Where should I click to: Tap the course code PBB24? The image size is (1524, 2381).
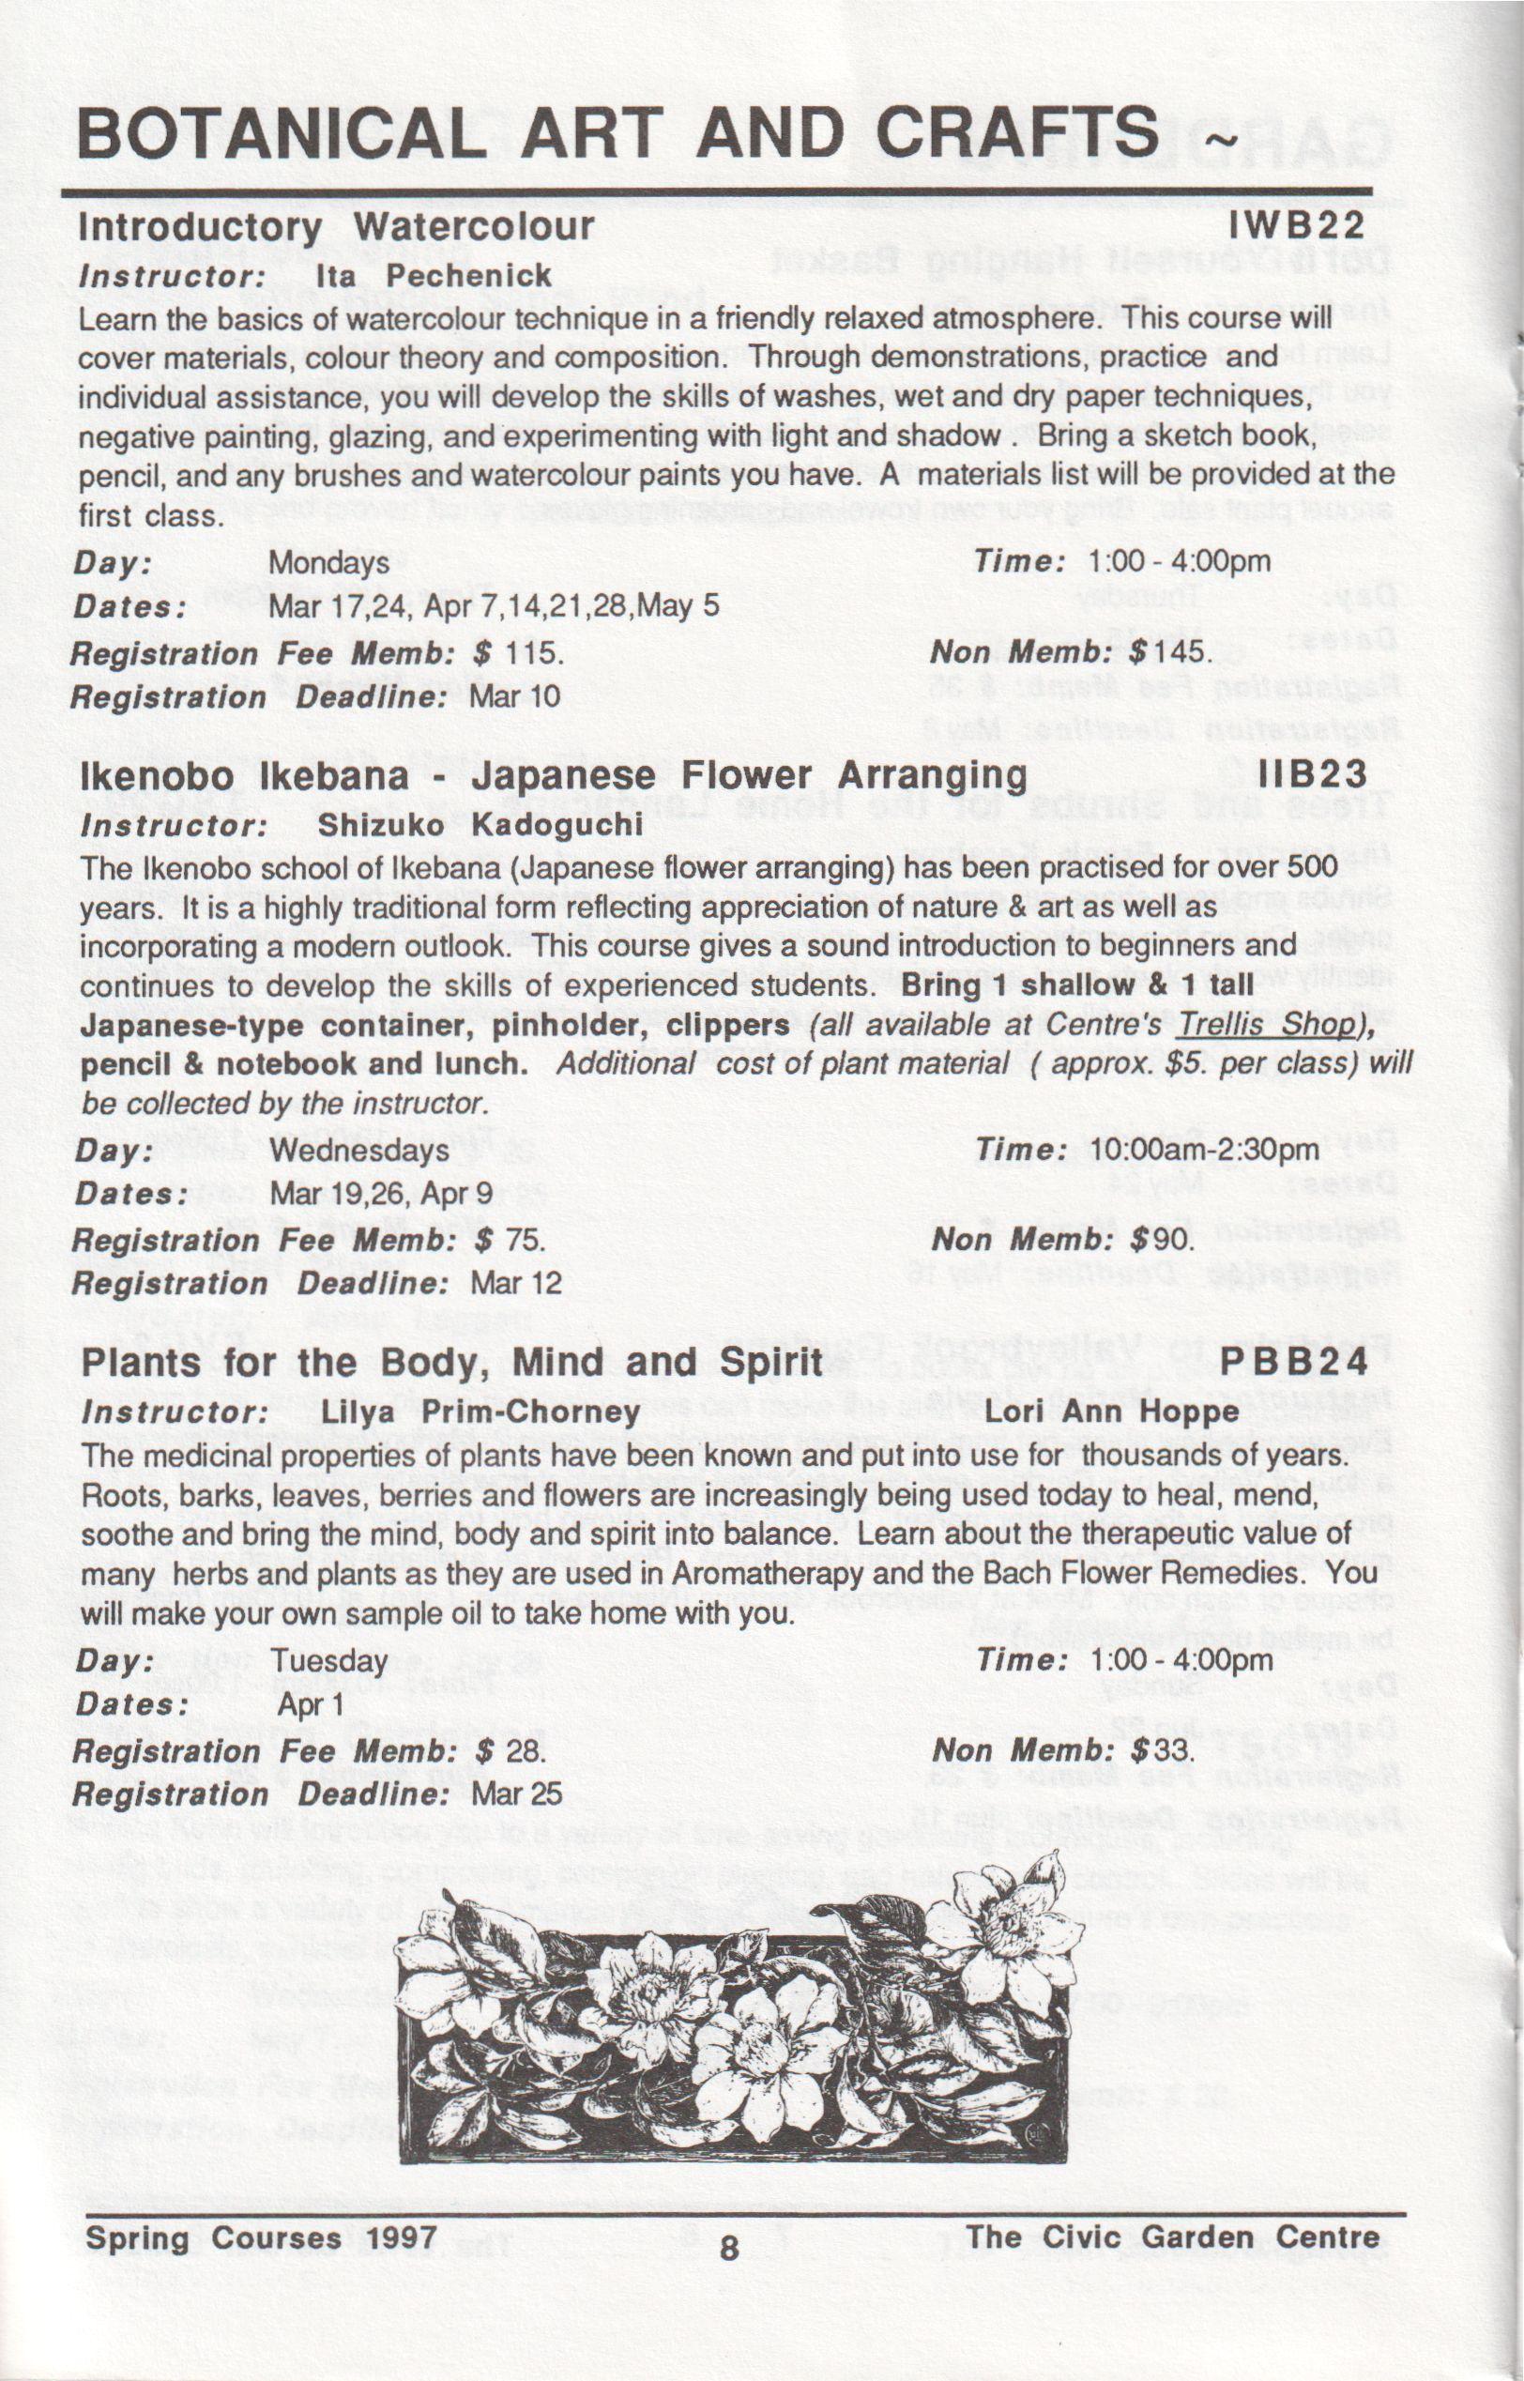(1294, 1362)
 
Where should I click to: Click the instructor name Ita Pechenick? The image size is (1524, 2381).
(433, 275)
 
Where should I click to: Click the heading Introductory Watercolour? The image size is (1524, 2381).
(337, 226)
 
